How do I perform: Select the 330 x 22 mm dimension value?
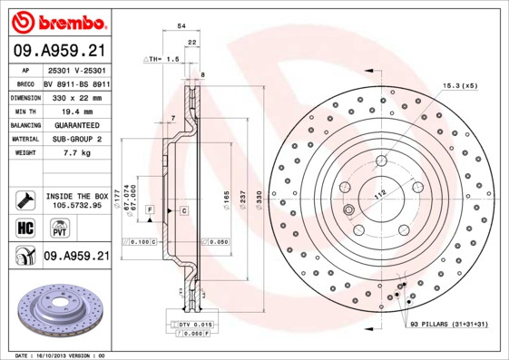pos(77,95)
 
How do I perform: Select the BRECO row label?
pos(26,82)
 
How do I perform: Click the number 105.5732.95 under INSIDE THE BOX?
pos(77,206)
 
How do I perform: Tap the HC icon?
pos(24,229)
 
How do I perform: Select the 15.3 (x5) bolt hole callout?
pos(460,84)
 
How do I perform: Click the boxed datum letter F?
pos(149,209)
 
